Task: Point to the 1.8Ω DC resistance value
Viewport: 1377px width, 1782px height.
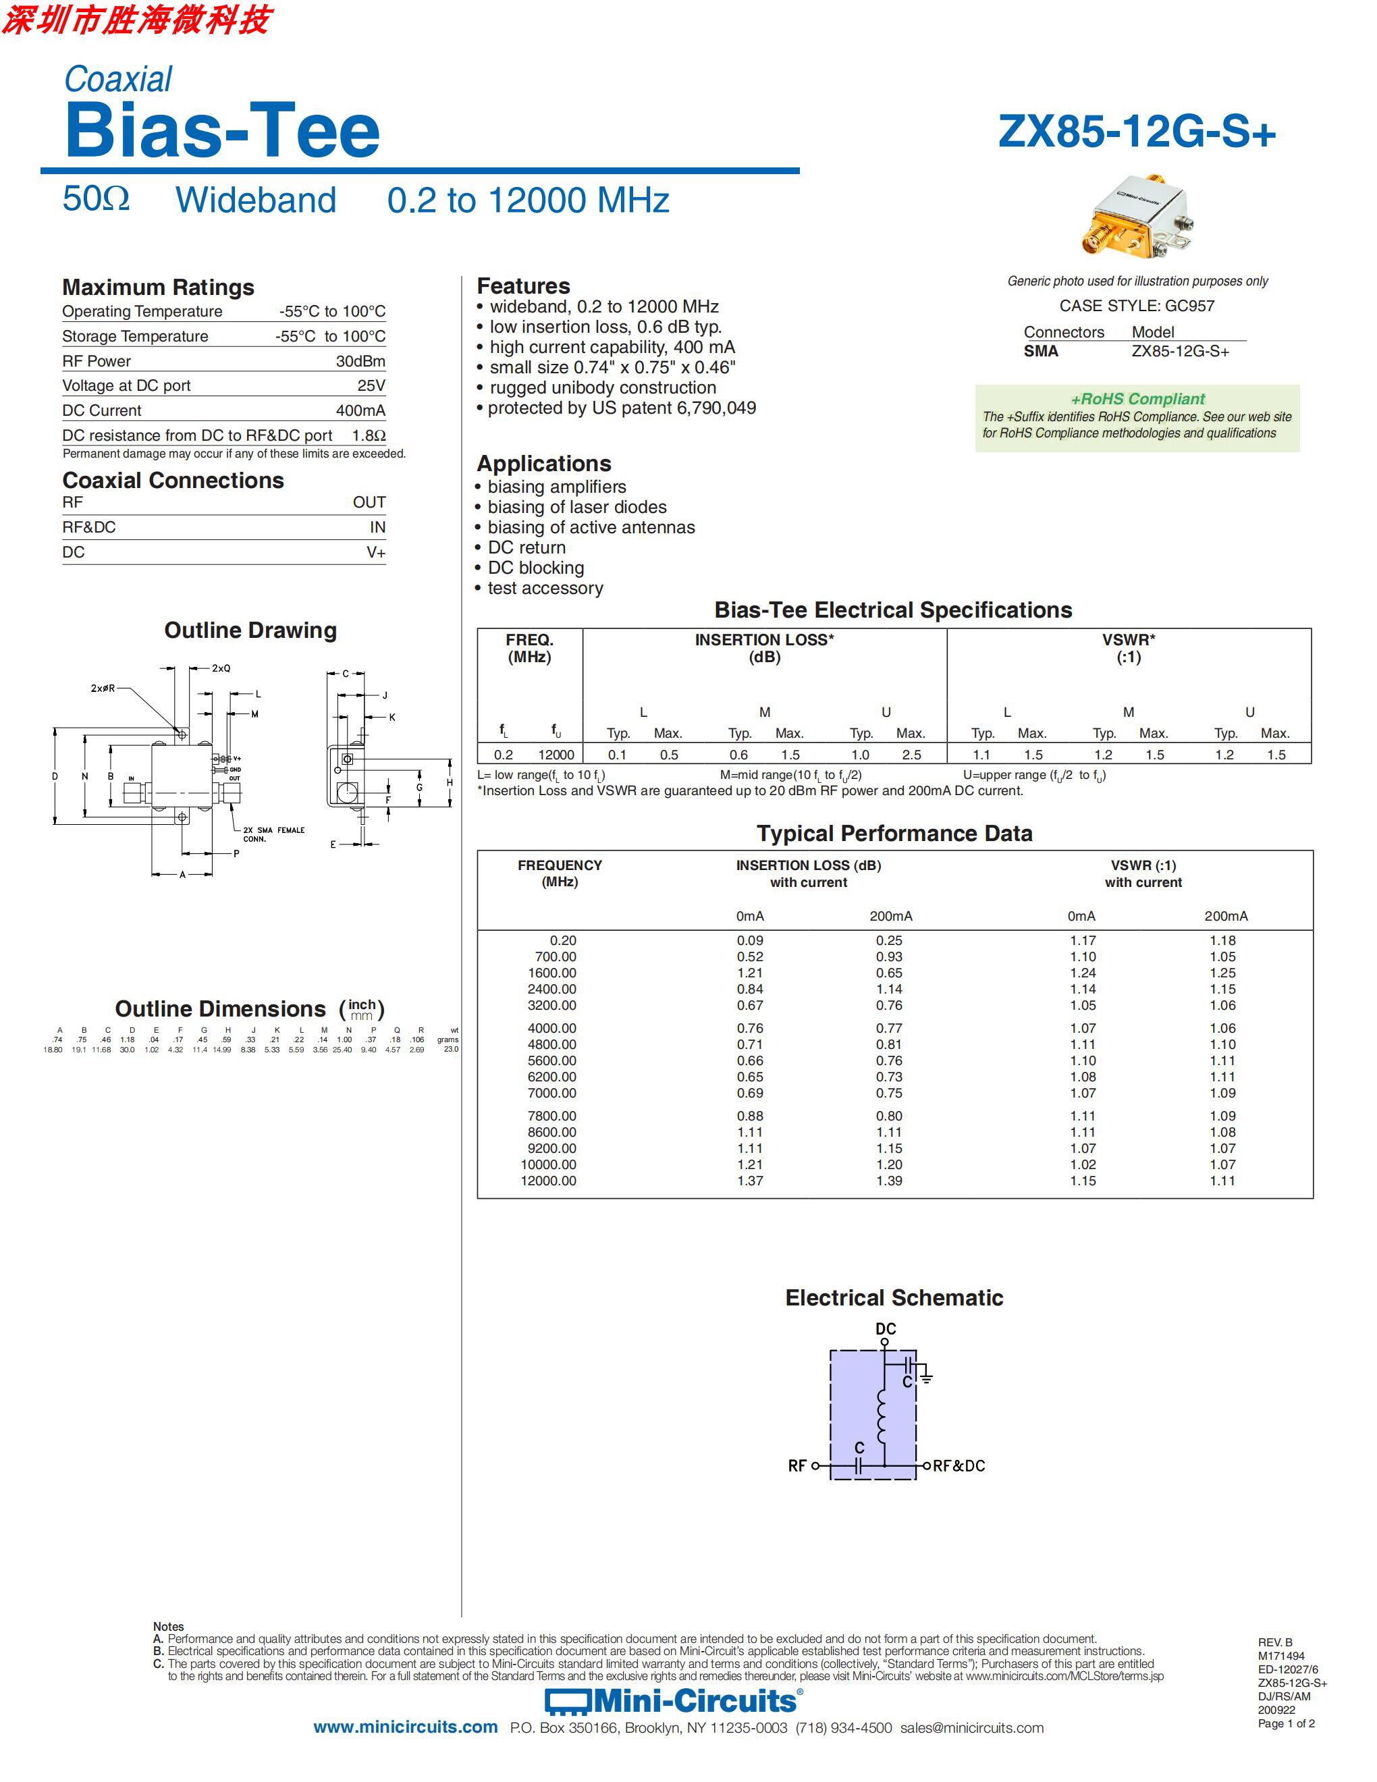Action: coord(369,435)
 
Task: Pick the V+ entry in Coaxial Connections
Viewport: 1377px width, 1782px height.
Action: coord(375,552)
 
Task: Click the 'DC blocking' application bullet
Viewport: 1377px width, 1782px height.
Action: coord(535,568)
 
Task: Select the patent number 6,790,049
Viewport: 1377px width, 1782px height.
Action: coord(715,408)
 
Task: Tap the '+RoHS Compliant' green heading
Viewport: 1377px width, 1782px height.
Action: coord(1137,399)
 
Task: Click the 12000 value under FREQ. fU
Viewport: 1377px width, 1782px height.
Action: coord(556,755)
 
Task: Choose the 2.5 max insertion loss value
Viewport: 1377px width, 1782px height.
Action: coord(911,755)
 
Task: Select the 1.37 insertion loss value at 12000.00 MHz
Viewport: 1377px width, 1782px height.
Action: coord(750,1181)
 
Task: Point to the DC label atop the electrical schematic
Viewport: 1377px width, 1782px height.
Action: coord(885,1329)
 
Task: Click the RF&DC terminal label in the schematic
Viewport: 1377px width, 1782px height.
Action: coord(959,1465)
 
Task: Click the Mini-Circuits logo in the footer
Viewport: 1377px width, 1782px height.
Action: coord(674,1700)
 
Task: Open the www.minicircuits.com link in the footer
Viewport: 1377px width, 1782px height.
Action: coord(406,1727)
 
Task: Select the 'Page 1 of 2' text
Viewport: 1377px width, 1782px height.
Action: coord(1286,1723)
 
